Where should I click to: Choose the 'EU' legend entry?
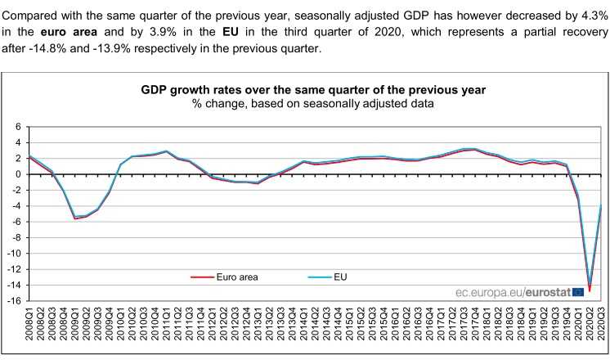(x=340, y=277)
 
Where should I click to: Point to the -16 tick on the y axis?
(x=15, y=301)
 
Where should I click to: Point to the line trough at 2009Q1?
(x=76, y=218)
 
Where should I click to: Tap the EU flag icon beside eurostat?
(x=579, y=291)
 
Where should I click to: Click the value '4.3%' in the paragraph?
(x=590, y=16)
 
